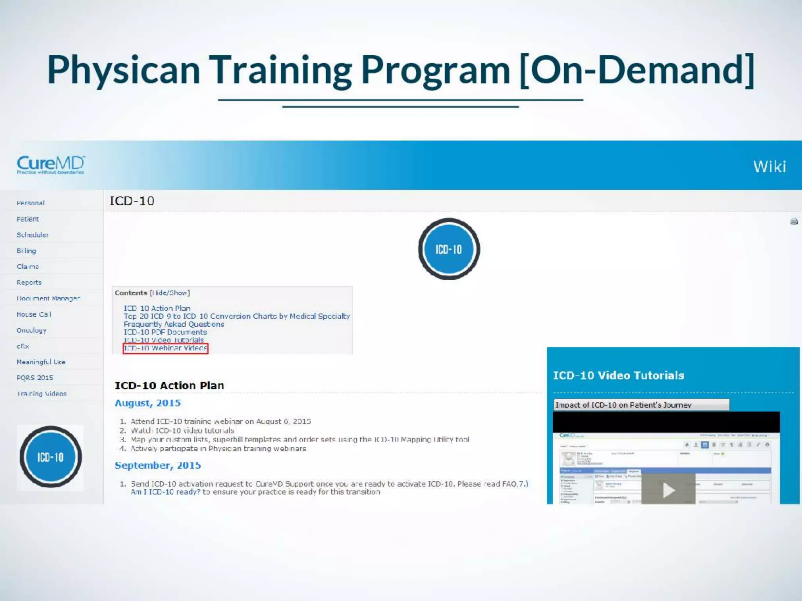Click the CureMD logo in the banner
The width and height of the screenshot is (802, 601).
pos(51,165)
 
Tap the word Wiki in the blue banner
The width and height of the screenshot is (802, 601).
pos(769,167)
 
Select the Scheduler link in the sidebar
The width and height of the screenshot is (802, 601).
pos(33,235)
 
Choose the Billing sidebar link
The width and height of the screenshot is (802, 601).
pos(26,251)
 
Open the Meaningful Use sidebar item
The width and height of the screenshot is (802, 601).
pos(41,362)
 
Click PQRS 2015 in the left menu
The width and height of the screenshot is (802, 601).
pos(34,378)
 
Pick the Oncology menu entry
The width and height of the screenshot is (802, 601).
pos(31,330)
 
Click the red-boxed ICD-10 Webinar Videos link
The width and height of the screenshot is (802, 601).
pos(165,348)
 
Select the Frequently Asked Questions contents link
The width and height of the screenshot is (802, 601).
pos(174,324)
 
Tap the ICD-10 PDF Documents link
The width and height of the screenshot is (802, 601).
pos(165,332)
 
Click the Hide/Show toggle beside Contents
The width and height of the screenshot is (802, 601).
pos(170,293)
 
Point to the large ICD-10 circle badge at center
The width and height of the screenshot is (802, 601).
pos(449,249)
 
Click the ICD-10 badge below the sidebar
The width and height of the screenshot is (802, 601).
pos(51,457)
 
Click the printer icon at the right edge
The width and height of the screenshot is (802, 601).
pos(794,221)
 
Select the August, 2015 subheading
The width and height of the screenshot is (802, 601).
pos(148,403)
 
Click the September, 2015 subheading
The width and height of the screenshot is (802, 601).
pos(157,466)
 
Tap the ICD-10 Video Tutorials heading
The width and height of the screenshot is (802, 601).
pos(618,375)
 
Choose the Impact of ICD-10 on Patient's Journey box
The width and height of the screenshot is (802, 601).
pos(641,405)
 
